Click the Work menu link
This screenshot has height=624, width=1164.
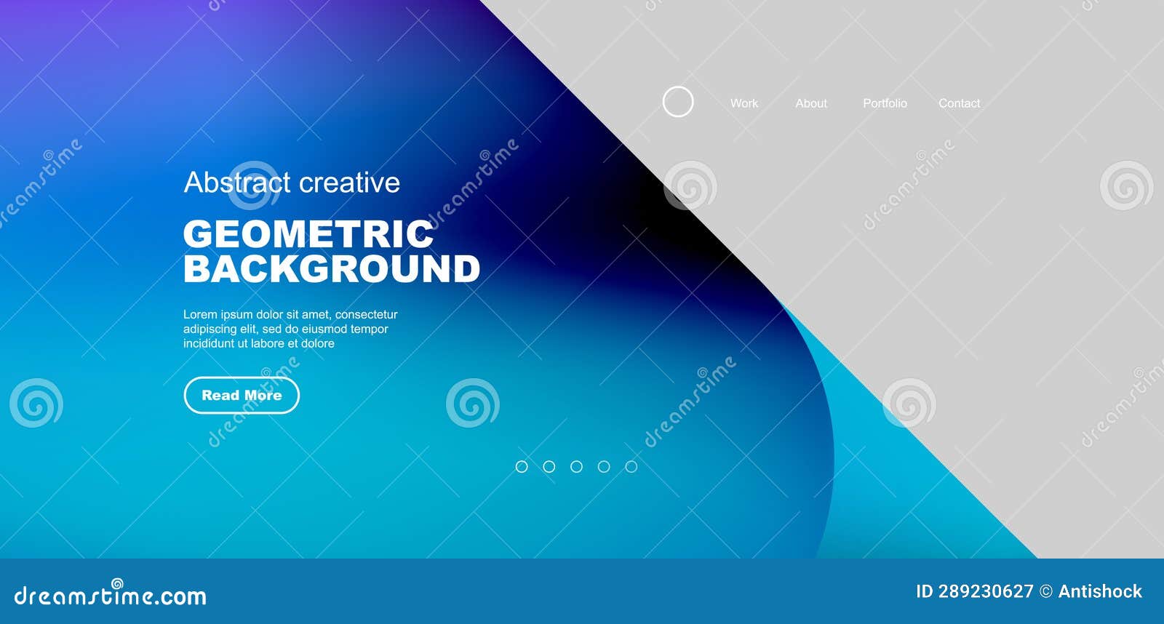744,103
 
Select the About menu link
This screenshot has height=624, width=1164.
811,103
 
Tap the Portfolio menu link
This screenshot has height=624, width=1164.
885,103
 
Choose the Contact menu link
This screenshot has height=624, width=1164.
959,103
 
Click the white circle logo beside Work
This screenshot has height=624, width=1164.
678,102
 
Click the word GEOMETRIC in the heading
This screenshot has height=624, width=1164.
308,234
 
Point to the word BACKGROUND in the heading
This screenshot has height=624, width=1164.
332,269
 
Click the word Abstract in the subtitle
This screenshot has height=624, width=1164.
237,183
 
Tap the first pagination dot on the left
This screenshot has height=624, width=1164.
522,466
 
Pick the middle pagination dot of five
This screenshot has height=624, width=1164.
576,466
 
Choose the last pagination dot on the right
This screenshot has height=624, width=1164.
631,466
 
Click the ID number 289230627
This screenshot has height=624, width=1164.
985,591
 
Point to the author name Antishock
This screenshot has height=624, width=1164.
1100,591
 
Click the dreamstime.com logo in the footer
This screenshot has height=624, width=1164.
111,596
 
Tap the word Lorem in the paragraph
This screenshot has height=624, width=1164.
200,315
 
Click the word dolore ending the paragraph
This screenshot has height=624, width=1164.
318,344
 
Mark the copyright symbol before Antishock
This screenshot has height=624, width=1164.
1045,591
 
